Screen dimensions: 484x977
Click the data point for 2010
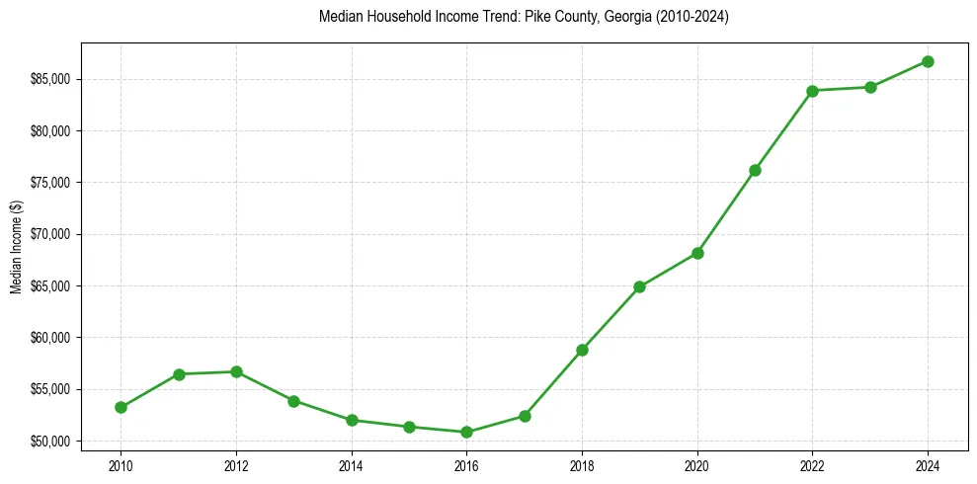click(121, 407)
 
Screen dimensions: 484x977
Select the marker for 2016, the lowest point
click(466, 432)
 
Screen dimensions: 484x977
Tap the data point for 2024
click(928, 61)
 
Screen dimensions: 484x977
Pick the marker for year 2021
click(755, 170)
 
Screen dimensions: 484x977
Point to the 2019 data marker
click(639, 286)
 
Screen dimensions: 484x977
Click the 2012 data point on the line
click(236, 371)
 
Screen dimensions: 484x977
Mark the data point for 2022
click(812, 91)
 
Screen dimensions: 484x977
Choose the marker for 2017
click(525, 416)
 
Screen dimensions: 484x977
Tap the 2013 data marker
click(293, 401)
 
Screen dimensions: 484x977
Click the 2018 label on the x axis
click(582, 464)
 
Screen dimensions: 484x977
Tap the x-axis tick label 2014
click(351, 464)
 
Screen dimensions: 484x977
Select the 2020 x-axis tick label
click(697, 464)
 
